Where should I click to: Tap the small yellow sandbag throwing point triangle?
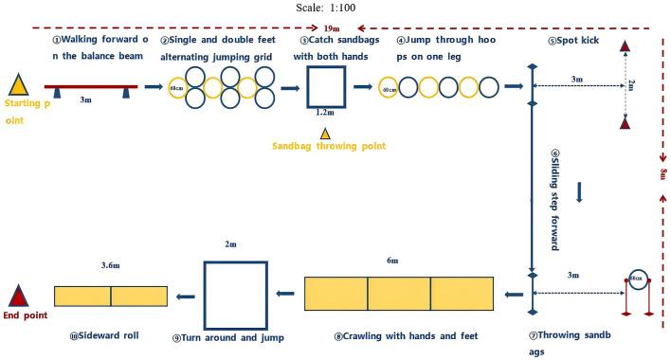(325, 135)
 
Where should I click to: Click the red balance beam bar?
(91, 86)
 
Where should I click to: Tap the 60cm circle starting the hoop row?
(390, 88)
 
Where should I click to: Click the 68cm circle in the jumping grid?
(176, 88)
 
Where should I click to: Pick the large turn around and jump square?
(236, 295)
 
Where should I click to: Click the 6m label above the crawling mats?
(392, 261)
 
